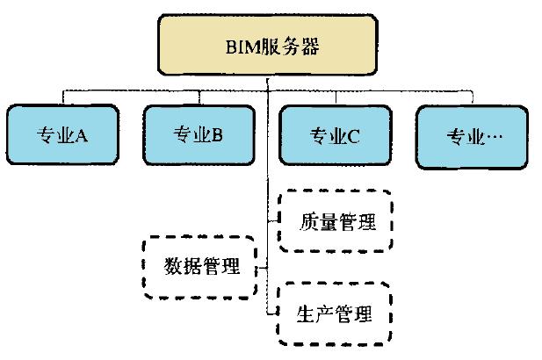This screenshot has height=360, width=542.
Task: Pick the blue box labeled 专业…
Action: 473,136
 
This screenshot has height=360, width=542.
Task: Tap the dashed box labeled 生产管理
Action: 334,313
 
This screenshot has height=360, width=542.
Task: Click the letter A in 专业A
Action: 81,136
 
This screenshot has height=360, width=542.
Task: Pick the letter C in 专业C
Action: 354,136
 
